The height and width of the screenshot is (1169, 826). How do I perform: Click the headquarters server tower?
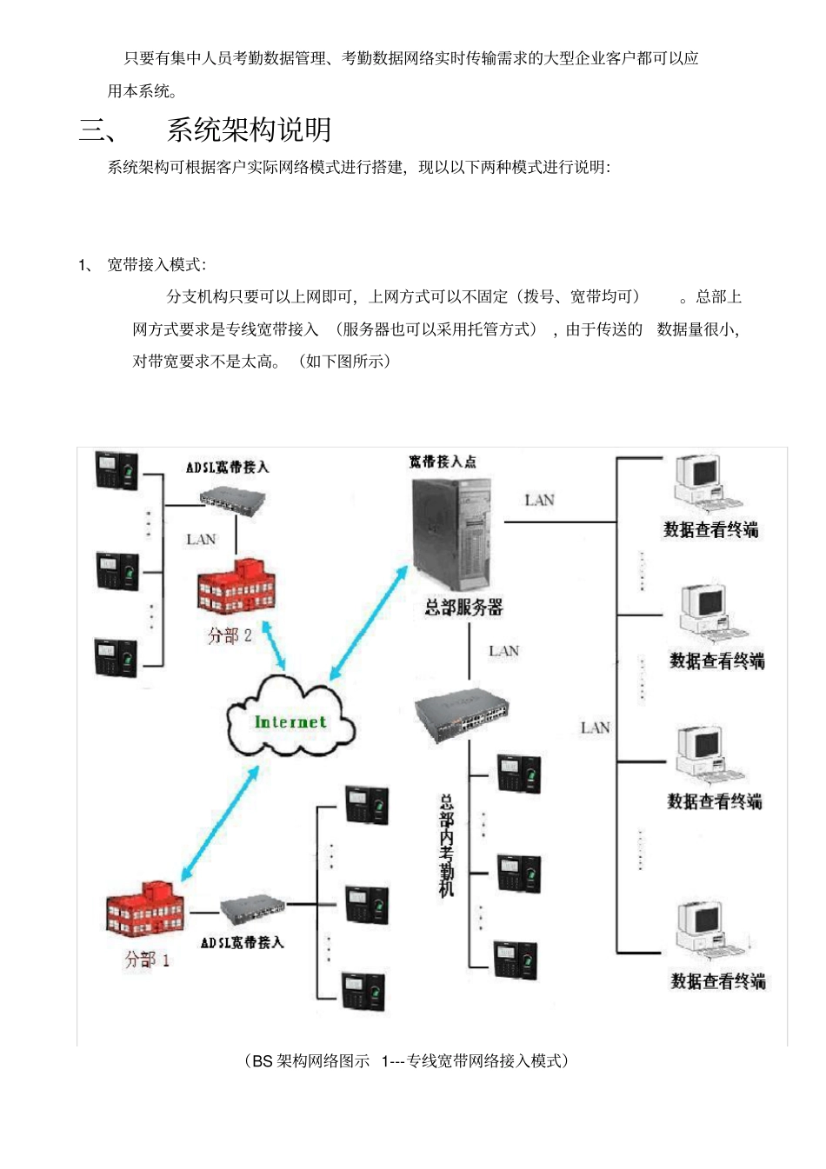point(451,531)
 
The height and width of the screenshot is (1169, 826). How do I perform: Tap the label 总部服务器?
point(463,608)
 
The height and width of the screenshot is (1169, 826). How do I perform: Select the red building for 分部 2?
point(236,587)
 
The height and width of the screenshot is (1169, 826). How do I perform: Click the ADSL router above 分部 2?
point(232,500)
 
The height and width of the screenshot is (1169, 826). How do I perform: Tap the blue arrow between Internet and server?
point(369,622)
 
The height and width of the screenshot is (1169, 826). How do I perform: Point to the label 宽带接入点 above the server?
point(443,462)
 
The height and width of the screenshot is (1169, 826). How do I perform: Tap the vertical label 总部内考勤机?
point(446,844)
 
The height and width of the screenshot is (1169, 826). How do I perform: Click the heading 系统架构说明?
point(249,130)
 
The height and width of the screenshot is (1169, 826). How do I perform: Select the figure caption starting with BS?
point(407,1060)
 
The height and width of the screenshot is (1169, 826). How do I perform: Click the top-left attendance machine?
point(117,470)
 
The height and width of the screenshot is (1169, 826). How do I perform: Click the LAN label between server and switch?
point(503,651)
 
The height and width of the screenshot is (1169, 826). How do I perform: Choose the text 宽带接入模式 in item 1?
point(156,264)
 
